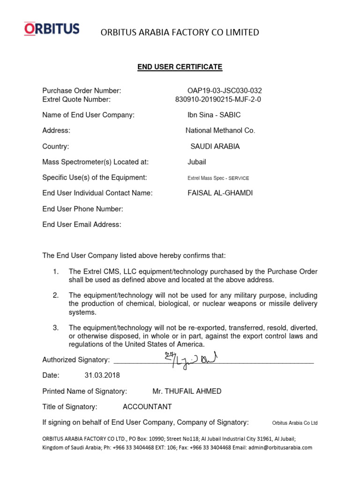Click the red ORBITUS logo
click(52, 29)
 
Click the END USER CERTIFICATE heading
click(180, 67)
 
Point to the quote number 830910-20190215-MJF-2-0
click(218, 99)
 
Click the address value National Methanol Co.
click(220, 131)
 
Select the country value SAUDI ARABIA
click(215, 146)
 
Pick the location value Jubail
click(197, 162)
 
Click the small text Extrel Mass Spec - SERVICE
click(218, 178)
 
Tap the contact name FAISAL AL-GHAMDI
click(220, 193)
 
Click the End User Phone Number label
click(82, 209)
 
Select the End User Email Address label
click(82, 225)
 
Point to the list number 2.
click(55, 295)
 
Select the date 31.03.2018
click(102, 375)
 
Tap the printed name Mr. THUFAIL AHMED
click(187, 391)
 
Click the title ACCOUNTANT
click(147, 407)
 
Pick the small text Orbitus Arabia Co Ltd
click(294, 423)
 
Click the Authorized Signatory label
click(76, 360)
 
